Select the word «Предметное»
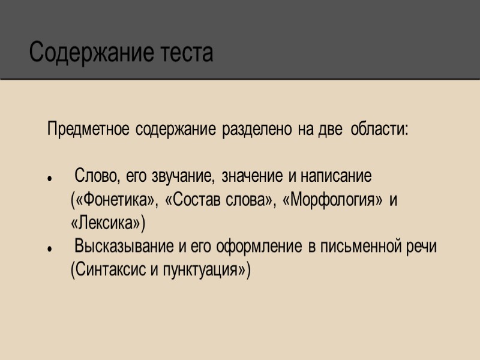88,130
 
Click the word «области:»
379,130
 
